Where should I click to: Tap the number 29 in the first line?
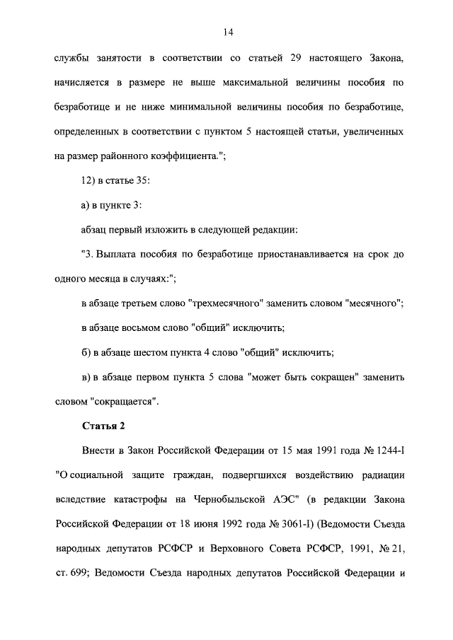(287, 57)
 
